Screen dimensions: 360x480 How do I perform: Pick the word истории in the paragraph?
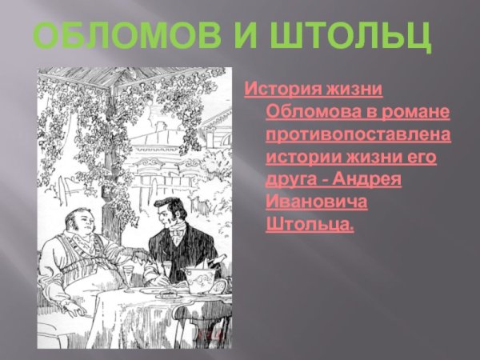301,156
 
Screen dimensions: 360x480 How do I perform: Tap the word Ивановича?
317,202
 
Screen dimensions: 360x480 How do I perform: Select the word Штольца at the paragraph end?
309,226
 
